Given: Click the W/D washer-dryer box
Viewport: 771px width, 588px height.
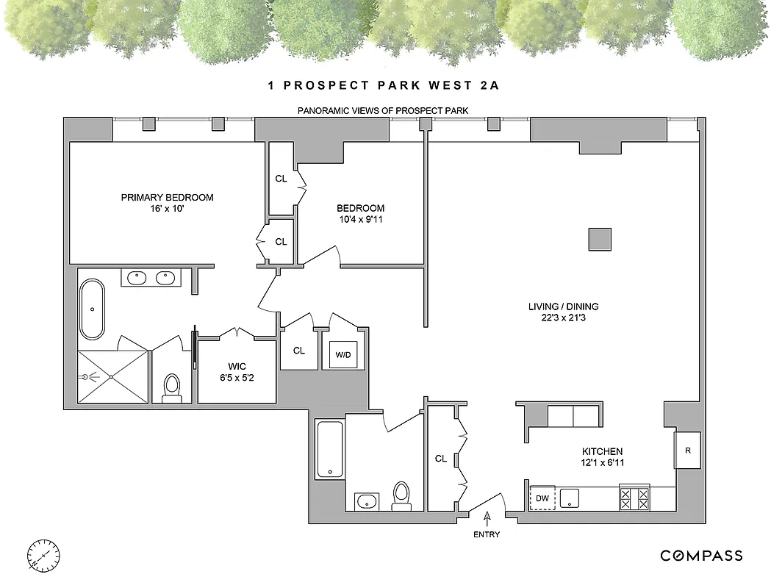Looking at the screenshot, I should point(343,355).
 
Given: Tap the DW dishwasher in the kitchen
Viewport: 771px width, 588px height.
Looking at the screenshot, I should point(543,498).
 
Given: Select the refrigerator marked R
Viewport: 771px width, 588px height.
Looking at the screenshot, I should point(688,450).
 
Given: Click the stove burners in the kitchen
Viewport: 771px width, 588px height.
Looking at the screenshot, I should point(635,498).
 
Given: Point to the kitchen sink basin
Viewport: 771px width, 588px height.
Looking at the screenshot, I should point(570,498).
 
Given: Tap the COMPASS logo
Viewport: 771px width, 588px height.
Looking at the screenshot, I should point(700,556).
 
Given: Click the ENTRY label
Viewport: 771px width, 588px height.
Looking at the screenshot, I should point(486,534).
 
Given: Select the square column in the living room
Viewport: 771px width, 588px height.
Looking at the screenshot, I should point(599,240).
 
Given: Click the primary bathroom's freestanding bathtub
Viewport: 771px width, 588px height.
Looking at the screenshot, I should point(93,309).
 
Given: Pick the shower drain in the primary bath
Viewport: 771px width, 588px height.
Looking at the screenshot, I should point(111,376).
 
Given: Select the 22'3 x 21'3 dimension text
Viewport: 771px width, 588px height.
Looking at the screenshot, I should point(570,318).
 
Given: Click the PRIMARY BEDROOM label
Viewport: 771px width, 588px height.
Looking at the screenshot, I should point(168,197).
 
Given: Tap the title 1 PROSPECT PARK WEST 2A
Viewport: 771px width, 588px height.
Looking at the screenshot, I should point(384,86).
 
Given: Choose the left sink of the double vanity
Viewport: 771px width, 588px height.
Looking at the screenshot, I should point(137,278).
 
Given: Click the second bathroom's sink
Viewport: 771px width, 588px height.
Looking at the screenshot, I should point(366,502).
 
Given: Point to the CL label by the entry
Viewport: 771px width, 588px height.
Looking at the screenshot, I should point(441,459).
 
